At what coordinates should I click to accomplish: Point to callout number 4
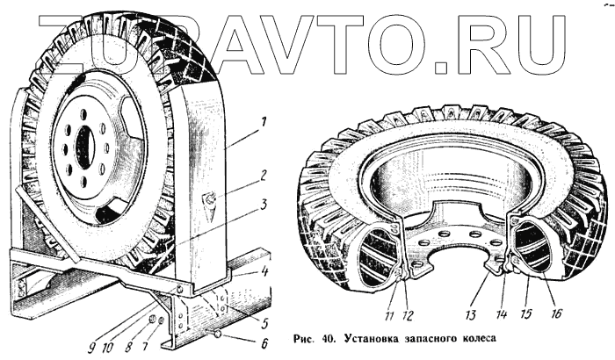click(263, 270)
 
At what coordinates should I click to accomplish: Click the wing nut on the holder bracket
click(212, 199)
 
